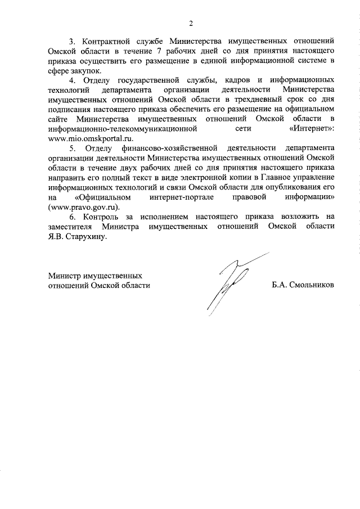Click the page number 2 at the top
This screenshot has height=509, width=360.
point(191,24)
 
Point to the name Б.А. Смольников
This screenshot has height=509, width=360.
point(303,285)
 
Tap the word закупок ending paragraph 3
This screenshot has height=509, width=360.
point(88,71)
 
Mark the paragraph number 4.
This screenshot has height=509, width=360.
point(71,82)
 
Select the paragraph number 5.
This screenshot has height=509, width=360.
point(71,148)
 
